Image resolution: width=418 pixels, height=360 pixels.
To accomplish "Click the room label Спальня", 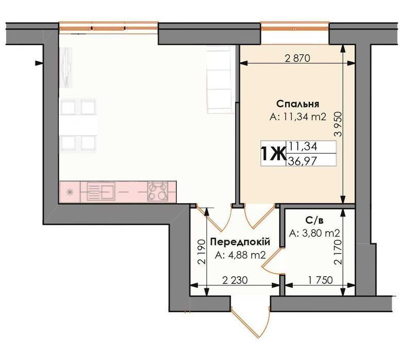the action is pos(298,103).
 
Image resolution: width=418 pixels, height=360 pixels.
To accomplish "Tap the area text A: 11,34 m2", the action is pos(298,117).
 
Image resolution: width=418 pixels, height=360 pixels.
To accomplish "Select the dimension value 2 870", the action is pos(298,58).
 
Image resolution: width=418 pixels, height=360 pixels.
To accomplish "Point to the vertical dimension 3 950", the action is pos(338,124).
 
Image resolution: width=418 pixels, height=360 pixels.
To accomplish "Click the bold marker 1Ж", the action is pos(273,154).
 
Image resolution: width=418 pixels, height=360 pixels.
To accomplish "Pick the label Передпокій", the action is pos(240,242).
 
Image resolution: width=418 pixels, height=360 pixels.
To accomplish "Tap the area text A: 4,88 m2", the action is pos(240,255).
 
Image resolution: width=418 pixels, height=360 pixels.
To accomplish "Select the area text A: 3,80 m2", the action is pos(315,233).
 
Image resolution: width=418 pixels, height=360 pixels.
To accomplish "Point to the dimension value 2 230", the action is pos(235,280).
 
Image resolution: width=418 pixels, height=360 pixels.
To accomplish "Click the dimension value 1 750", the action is pos(320,280).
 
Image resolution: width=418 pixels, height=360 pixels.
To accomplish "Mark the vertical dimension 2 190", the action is pos(202,251).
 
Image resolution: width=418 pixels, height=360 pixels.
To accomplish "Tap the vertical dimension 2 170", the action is pos(338,251).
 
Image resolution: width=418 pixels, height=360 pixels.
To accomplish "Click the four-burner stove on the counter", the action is pos(158,191).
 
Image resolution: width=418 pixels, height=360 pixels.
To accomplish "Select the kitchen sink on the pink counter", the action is pos(101,191).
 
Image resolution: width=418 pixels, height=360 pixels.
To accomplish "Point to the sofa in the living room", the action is pos(219,79).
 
